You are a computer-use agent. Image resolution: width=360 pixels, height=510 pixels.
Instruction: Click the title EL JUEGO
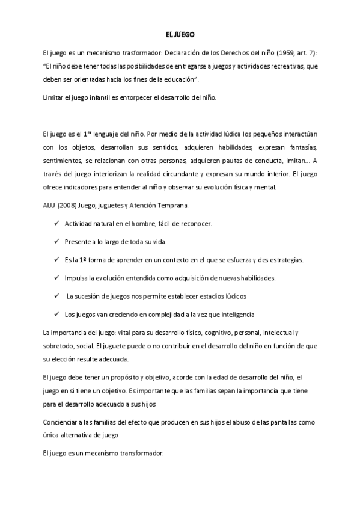[180, 35]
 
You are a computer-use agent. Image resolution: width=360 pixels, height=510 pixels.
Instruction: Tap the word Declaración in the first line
[183, 52]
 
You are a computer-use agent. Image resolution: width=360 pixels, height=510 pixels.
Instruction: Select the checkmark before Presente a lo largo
[56, 242]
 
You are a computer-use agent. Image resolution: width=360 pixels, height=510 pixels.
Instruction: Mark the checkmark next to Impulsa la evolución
[56, 278]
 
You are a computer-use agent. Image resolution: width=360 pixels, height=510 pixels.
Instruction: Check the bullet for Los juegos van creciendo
[56, 314]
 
